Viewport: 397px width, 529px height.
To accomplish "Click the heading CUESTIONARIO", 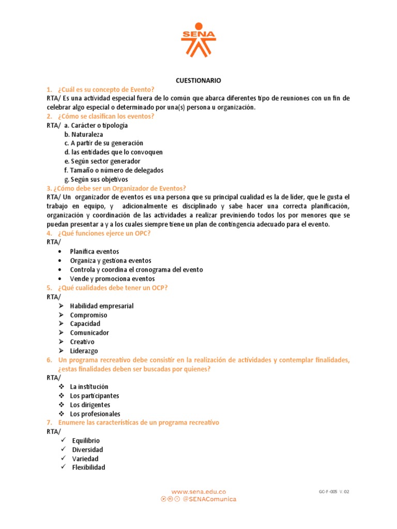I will click(198, 81).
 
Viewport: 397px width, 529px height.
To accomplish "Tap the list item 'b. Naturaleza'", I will click(84, 134).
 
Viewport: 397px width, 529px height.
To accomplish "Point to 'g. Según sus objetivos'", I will click(96, 179).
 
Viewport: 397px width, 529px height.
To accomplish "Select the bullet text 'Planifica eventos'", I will click(95, 252).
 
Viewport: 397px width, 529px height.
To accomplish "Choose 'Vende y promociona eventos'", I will click(112, 278).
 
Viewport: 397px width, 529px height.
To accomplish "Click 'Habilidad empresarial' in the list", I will click(102, 306).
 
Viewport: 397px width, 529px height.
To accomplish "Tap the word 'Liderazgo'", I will click(84, 351).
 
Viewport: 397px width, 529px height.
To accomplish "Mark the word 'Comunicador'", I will click(89, 333).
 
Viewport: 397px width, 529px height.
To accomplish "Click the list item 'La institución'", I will click(89, 386).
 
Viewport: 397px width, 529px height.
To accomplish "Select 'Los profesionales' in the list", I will click(95, 414).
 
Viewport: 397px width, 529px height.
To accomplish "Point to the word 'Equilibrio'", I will click(86, 441).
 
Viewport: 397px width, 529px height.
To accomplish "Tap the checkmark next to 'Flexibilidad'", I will click(63, 467).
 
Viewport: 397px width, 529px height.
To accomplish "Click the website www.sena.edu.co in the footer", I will click(198, 492).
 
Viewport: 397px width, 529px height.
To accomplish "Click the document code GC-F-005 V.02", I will click(334, 492).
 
